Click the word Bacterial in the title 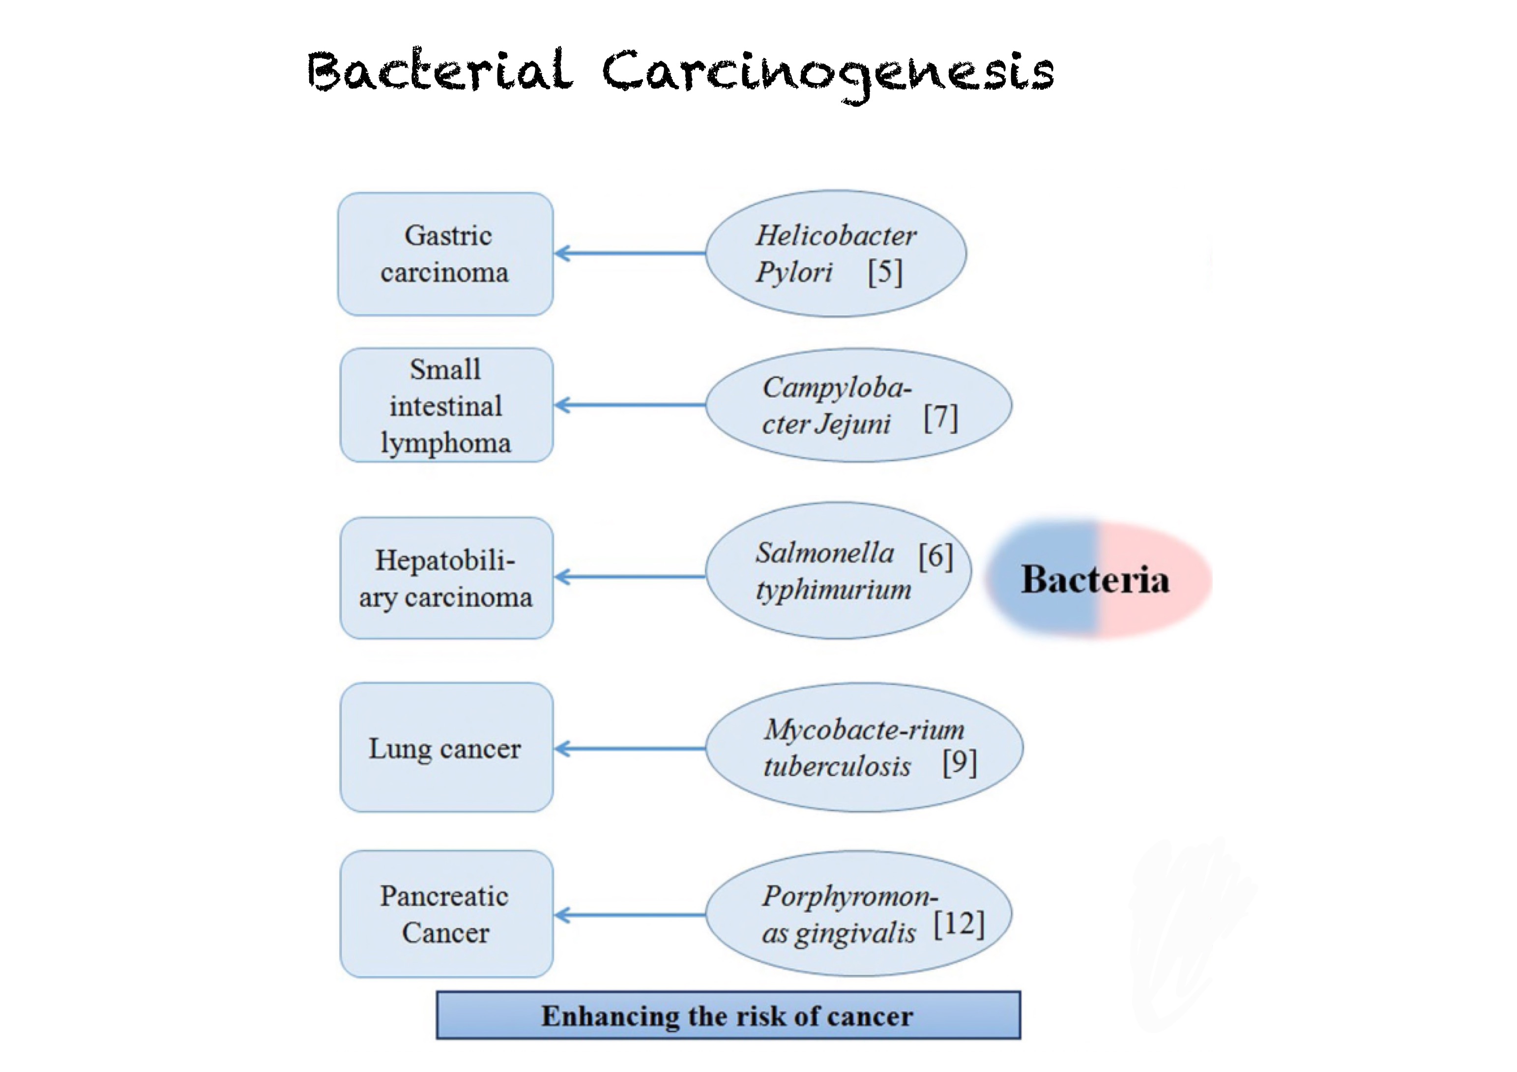439,71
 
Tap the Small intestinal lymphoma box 447,405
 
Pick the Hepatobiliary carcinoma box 447,578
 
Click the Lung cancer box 447,747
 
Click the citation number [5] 885,272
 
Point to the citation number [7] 940,418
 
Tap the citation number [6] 935,556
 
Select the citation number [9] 960,763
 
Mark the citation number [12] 959,924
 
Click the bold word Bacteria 1095,580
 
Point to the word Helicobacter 836,236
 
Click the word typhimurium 833,589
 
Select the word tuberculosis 837,766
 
